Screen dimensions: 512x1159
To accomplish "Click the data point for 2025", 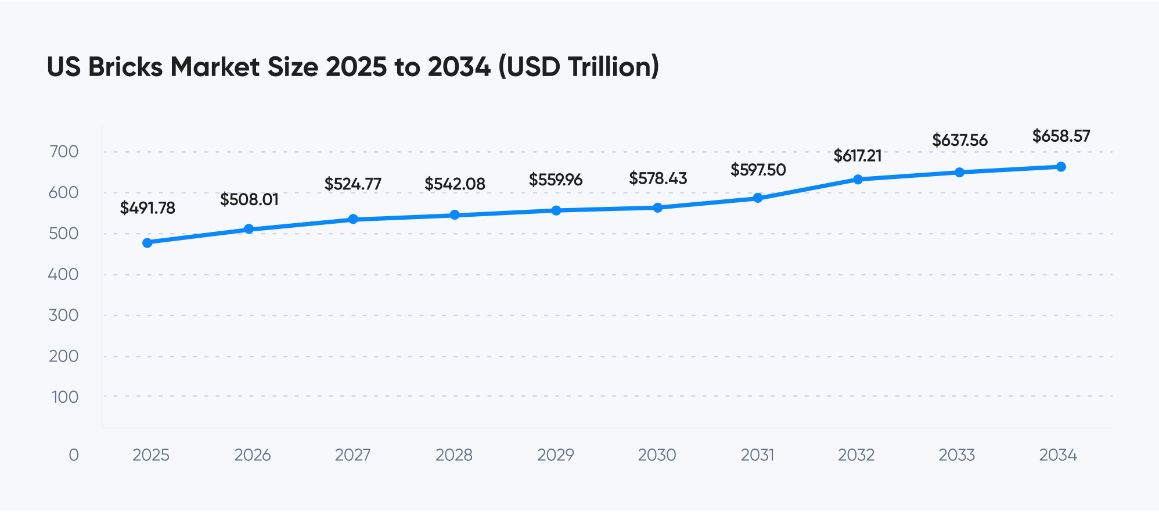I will [x=147, y=243].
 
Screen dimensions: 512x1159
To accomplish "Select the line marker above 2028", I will [x=455, y=215].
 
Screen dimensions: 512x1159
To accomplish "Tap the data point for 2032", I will [x=858, y=180].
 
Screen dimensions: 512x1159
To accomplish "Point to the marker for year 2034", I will [x=1061, y=167].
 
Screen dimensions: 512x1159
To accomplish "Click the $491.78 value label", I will [x=147, y=208].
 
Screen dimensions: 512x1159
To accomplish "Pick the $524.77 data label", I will [x=353, y=184].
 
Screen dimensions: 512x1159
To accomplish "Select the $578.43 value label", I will [x=658, y=178].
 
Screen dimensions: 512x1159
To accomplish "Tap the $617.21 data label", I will [x=858, y=156].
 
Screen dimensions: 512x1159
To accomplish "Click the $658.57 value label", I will [x=1061, y=136].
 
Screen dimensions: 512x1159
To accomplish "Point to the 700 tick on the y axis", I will [x=64, y=152].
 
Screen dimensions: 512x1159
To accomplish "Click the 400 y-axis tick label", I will [x=64, y=274].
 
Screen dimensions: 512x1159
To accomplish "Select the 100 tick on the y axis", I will [x=65, y=397].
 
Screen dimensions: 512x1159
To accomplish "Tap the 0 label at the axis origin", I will [x=74, y=454].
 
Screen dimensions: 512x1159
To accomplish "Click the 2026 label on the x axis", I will [x=253, y=454].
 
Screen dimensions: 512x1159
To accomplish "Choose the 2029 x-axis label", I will [x=556, y=454].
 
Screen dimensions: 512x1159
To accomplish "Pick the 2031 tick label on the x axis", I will [x=758, y=454].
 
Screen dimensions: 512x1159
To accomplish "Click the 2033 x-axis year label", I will [x=957, y=454].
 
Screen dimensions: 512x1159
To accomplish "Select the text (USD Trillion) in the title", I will [x=579, y=67].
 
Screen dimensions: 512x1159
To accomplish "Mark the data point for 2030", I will [x=658, y=207].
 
